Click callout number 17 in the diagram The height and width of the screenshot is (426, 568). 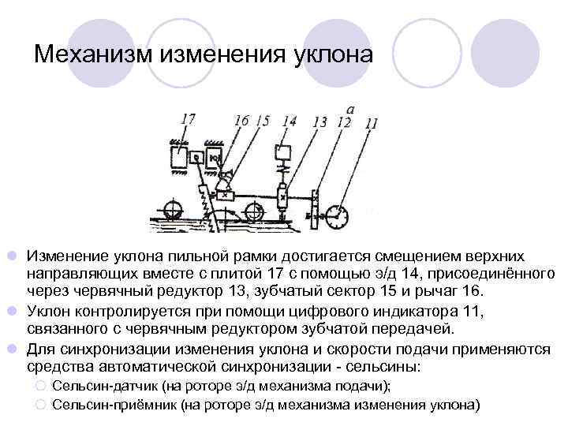point(188,120)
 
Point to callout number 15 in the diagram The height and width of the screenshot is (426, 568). point(262,121)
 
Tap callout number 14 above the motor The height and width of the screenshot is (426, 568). point(289,121)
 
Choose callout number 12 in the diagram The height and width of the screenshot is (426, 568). point(342,121)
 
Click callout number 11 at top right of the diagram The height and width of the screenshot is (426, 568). point(372,122)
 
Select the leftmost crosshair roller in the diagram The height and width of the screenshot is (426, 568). point(171,211)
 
